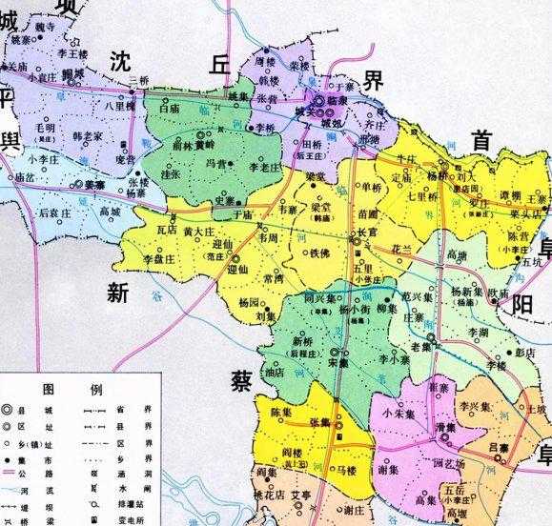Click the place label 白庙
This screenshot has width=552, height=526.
pyautogui.click(x=171, y=110)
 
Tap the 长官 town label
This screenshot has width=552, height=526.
pyautogui.click(x=366, y=233)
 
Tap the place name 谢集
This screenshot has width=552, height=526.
pyautogui.click(x=387, y=470)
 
